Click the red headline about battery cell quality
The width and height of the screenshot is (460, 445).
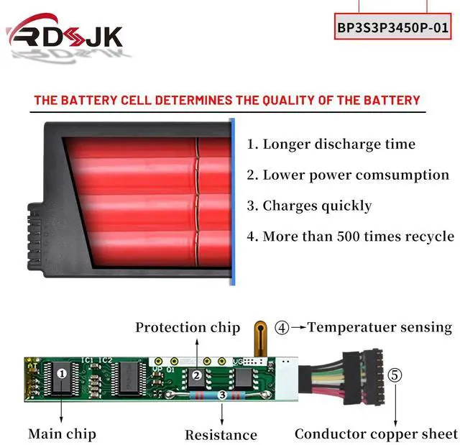226,101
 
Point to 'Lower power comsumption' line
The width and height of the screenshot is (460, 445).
348,175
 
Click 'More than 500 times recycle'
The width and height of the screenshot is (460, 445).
350,236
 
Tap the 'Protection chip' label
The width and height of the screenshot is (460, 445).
188,327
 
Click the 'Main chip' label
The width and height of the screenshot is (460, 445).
62,433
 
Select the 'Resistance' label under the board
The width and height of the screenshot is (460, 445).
221,434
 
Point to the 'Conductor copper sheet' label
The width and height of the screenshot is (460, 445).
376,433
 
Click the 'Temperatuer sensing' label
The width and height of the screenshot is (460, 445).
380,327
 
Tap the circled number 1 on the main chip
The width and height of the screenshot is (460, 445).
62,374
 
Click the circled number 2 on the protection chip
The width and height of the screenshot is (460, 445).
195,375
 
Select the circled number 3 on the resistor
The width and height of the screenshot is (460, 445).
222,395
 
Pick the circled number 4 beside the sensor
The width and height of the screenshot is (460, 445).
282,327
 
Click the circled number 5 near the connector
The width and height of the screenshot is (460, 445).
395,375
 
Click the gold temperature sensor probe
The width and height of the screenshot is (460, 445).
257,337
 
